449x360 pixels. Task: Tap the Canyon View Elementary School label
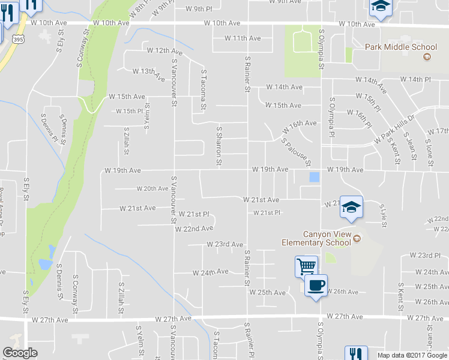tap(316, 238)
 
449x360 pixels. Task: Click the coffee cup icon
tap(316, 284)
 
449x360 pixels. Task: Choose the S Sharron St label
tap(220, 146)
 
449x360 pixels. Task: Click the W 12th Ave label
tap(164, 52)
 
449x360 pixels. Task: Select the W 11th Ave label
tap(243, 38)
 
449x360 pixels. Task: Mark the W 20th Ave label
tap(152, 188)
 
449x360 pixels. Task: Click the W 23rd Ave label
tap(224, 244)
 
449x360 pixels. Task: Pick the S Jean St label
tap(412, 148)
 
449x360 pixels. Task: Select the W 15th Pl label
tap(130, 111)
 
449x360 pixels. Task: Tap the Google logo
tap(20, 353)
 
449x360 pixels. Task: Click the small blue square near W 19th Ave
tap(314, 177)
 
